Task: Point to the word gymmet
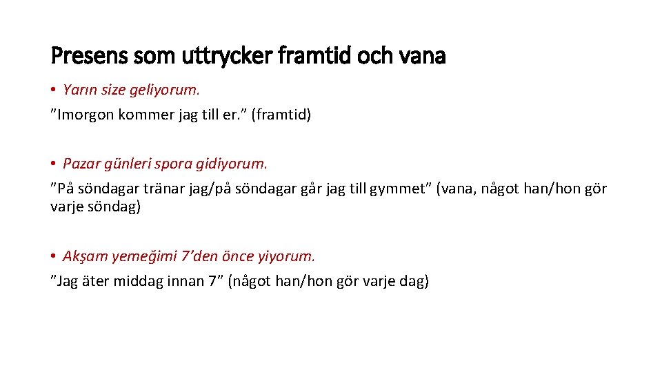[398, 189]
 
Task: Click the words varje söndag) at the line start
[95, 207]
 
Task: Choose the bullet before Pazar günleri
[54, 164]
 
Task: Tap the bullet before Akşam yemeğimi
[54, 256]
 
